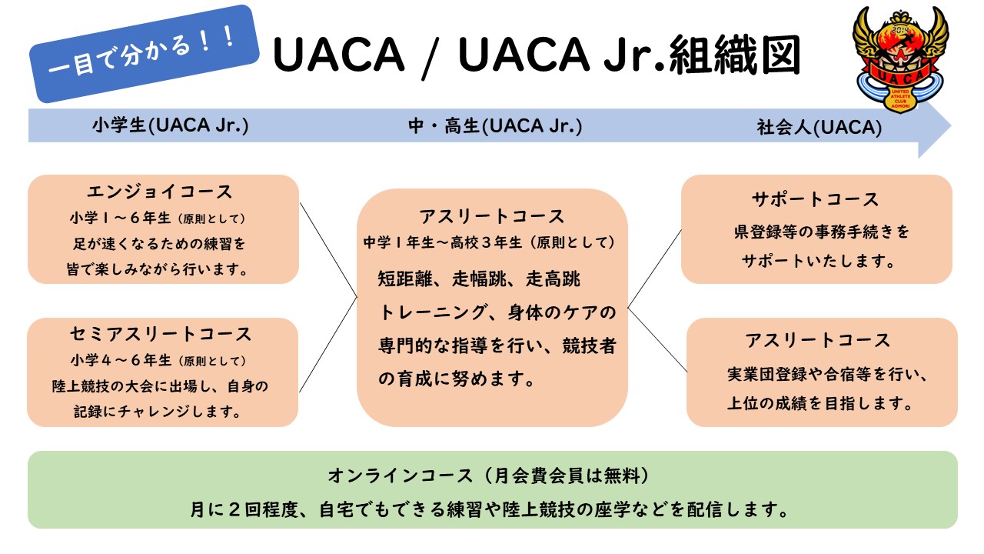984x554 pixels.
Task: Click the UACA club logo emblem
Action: [x=900, y=60]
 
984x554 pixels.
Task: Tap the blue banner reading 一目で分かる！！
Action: [x=144, y=54]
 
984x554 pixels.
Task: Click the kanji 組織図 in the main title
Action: [x=736, y=55]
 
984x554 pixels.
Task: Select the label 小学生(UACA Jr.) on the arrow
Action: [x=171, y=125]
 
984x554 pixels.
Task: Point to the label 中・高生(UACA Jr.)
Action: [x=495, y=126]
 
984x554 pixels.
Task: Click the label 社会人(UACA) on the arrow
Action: [x=819, y=128]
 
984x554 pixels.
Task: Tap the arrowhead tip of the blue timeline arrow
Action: [x=951, y=126]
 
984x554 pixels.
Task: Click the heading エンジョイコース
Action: [x=159, y=192]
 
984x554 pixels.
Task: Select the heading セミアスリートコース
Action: [x=161, y=334]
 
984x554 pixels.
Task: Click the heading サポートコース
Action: [x=816, y=199]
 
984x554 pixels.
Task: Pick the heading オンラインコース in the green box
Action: [x=401, y=476]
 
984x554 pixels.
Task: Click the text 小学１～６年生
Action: [x=120, y=218]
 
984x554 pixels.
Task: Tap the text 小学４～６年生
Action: [x=121, y=361]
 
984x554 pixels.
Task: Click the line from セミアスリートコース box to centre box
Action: [x=328, y=345]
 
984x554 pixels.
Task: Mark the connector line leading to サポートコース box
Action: [x=654, y=269]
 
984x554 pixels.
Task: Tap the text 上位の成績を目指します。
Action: [x=820, y=403]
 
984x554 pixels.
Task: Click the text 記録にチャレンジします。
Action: [x=158, y=412]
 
